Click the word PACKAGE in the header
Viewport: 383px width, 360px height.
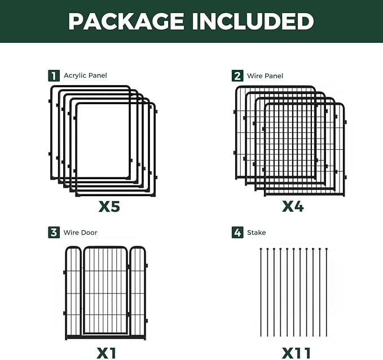[x=126, y=21]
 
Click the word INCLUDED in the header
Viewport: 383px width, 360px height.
[x=252, y=21]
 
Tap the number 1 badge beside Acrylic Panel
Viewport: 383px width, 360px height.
[x=54, y=75]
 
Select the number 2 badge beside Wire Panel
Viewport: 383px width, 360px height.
[x=237, y=75]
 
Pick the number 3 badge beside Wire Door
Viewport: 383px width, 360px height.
[x=54, y=232]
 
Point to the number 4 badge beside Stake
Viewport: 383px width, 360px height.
[x=237, y=232]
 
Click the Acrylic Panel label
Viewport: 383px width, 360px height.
[x=85, y=75]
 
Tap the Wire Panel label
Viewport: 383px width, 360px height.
[x=265, y=75]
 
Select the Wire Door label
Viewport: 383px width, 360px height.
[x=80, y=232]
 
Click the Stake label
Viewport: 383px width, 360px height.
[x=256, y=232]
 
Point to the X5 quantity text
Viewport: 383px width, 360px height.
[x=109, y=207]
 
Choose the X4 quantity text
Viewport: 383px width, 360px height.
[x=293, y=207]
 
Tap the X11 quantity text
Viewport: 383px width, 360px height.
[x=296, y=353]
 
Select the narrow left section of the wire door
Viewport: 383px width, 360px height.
[x=73, y=293]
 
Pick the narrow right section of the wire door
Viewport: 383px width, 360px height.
[x=138, y=293]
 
